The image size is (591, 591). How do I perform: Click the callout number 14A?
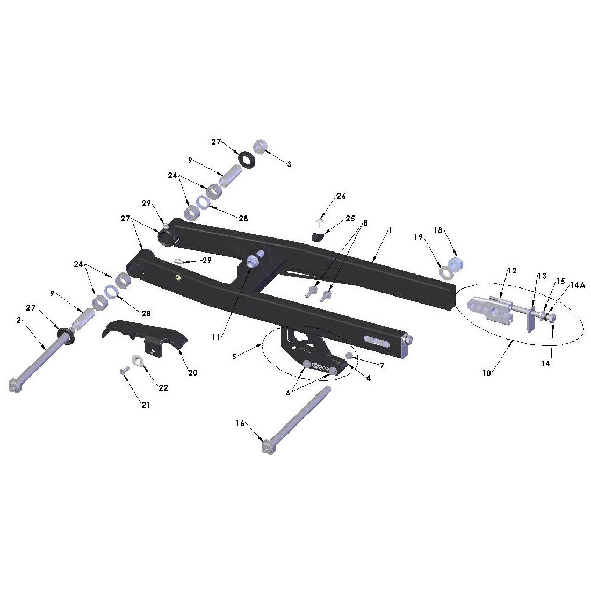(x=577, y=285)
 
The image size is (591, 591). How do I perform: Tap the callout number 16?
(x=240, y=424)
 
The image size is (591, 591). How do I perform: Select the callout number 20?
(x=192, y=373)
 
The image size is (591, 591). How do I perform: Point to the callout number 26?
(x=341, y=196)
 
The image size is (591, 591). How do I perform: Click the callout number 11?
(x=216, y=337)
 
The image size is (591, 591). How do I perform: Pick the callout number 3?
(x=289, y=164)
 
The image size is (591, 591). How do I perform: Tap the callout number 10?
(x=487, y=373)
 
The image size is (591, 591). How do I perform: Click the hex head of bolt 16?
(x=267, y=448)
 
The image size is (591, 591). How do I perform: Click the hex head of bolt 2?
(x=14, y=386)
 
